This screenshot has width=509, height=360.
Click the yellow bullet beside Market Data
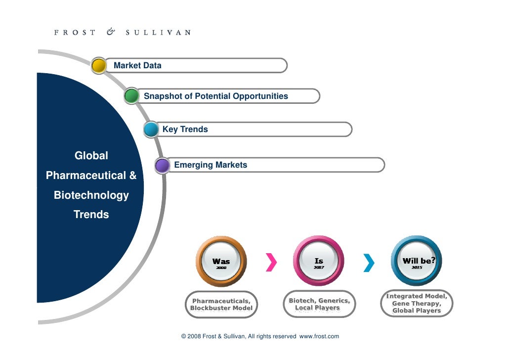point(99,66)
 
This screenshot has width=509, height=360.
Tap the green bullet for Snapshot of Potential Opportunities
point(131,96)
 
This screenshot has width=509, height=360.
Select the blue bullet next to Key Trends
point(151,130)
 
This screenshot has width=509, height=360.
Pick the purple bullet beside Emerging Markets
point(162,165)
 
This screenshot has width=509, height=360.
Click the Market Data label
point(137,65)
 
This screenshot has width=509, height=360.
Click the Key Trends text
point(185,130)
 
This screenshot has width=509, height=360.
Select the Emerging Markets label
point(211,165)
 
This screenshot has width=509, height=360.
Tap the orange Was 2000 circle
point(221,261)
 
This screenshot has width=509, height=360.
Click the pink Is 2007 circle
point(319,261)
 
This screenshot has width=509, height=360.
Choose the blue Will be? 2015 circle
point(416,261)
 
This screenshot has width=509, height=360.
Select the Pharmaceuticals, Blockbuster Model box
point(221,305)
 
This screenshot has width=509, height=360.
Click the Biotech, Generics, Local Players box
point(319,304)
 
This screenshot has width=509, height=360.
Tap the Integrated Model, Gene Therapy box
point(417,304)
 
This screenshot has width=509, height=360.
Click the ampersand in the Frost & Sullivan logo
point(111,32)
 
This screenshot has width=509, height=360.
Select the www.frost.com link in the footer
point(319,336)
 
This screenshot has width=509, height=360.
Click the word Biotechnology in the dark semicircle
point(91,195)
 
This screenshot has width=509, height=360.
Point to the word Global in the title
point(91,156)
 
